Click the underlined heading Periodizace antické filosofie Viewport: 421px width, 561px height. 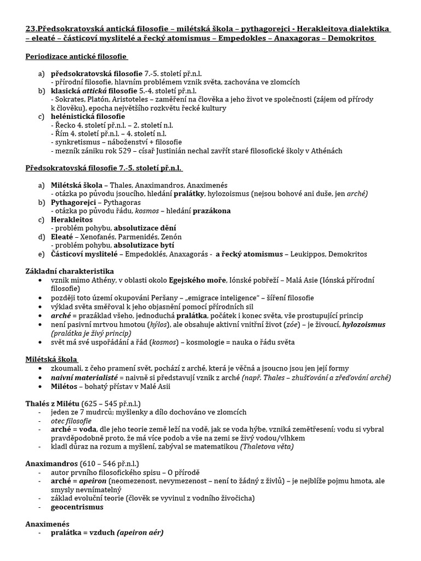coord(76,56)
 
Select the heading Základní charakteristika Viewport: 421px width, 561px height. coord(70,271)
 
